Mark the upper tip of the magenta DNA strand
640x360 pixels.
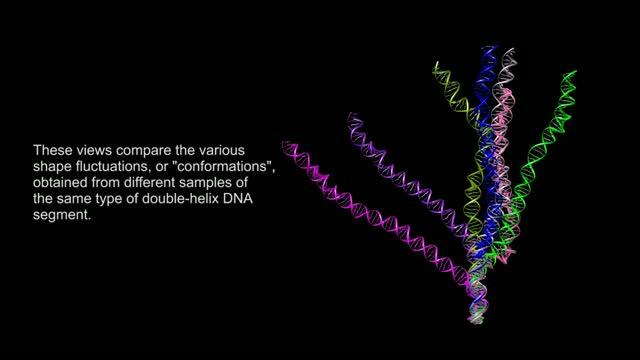(x=287, y=146)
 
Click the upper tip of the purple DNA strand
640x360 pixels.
(x=351, y=117)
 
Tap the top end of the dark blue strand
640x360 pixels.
(x=488, y=48)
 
